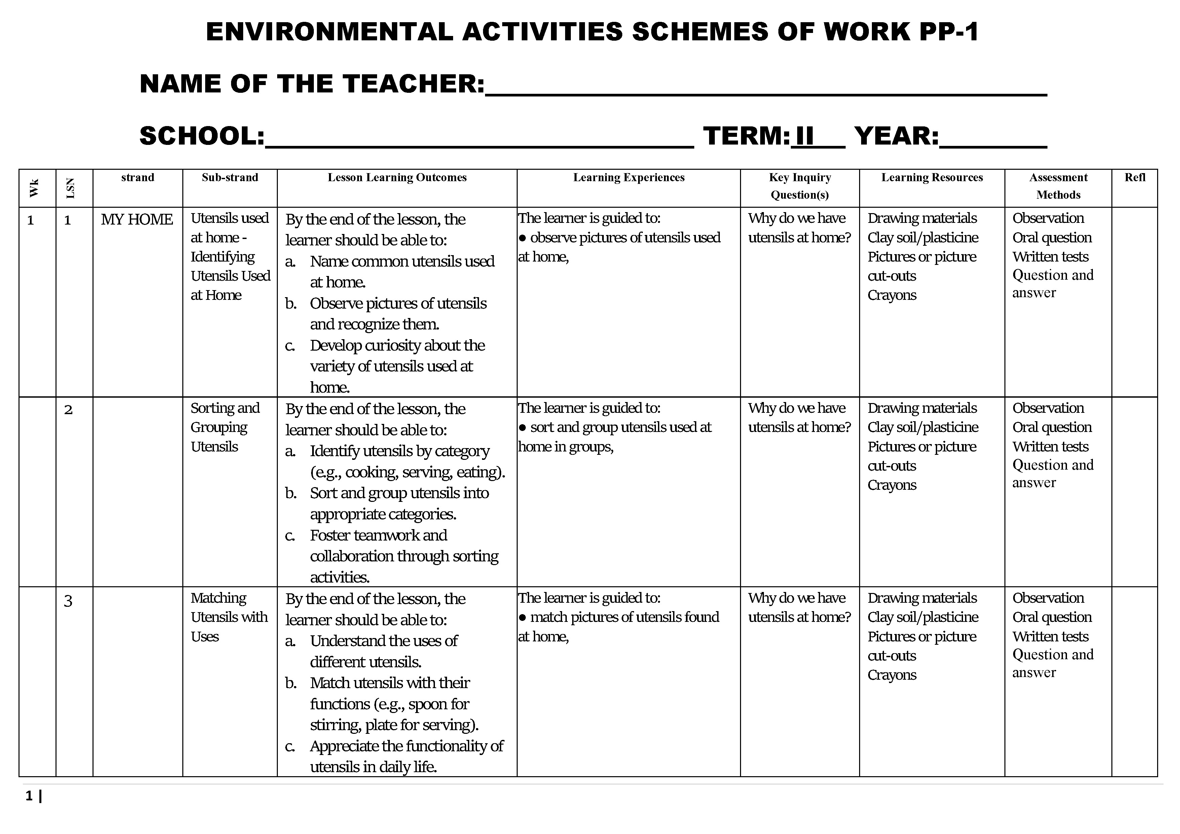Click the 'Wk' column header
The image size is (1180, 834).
coord(34,188)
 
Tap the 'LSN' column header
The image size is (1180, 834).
coord(71,188)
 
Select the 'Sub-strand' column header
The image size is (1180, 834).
coord(230,178)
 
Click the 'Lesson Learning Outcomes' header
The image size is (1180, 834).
coord(397,178)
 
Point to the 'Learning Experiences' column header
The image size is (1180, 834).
coord(629,178)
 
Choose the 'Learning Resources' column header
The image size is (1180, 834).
coord(932,178)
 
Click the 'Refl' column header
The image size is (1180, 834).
coord(1135,178)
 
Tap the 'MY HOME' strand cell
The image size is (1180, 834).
coord(137,219)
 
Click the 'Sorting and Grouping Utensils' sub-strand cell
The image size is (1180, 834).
coord(225,427)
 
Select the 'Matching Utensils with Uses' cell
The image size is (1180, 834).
coord(229,617)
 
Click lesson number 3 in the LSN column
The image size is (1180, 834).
coord(68,600)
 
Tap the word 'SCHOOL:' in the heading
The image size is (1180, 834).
coord(202,136)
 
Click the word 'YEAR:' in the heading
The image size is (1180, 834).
coord(896,136)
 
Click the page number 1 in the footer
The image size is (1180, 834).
coord(29,796)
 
